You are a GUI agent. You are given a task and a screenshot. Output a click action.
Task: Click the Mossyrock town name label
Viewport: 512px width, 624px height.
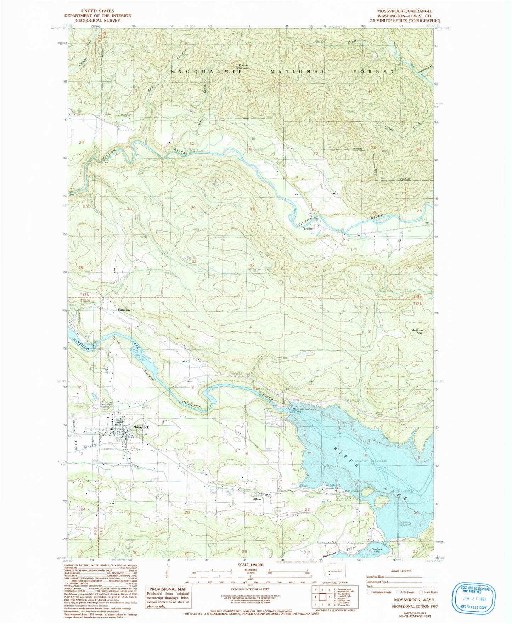141,427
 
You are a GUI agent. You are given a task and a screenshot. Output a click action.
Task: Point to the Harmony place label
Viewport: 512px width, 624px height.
124,310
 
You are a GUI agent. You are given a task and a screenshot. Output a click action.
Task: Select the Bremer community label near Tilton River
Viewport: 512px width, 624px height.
309,229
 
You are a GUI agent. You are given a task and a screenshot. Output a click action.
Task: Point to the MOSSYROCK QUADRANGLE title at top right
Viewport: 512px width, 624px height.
405,11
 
